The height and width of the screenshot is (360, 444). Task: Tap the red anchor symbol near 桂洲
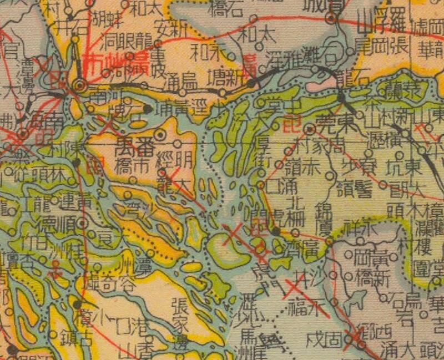[x=54, y=272]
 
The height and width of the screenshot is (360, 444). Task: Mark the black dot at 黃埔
[x=147, y=109]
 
